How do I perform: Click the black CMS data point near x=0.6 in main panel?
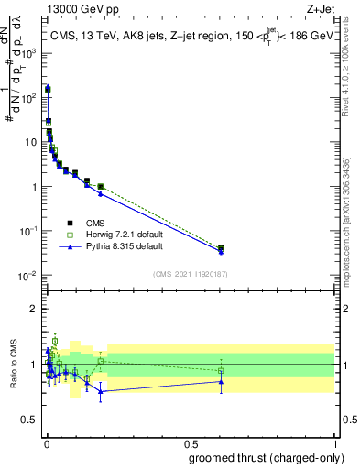pos(221,247)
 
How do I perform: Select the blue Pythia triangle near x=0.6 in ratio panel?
pos(221,382)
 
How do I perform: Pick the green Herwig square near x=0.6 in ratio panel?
pos(221,371)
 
